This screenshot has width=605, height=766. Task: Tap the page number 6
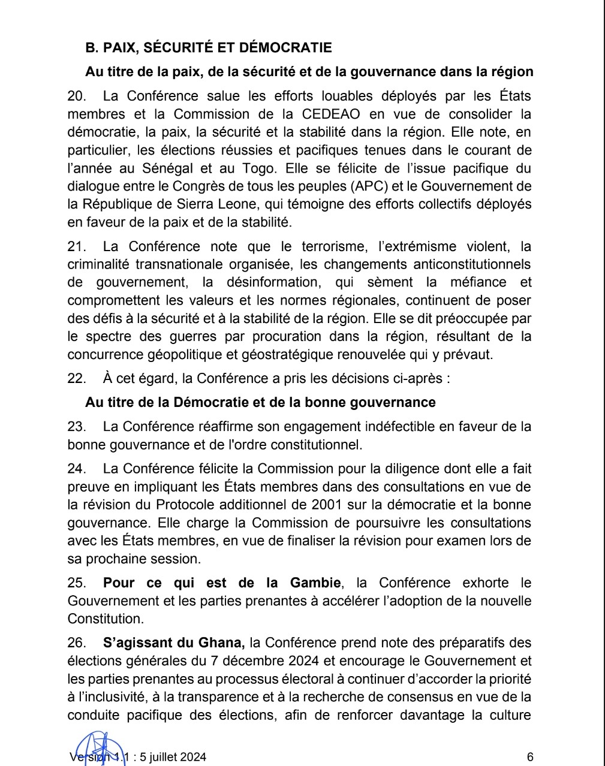tap(530, 757)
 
